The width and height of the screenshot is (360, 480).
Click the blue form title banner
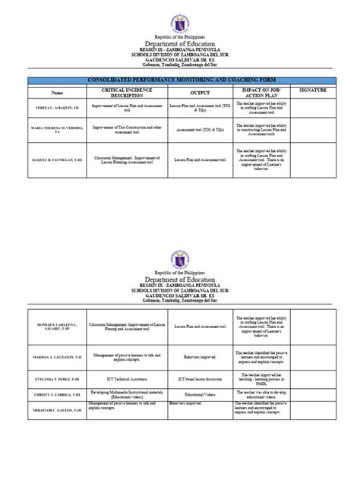coord(179,79)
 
